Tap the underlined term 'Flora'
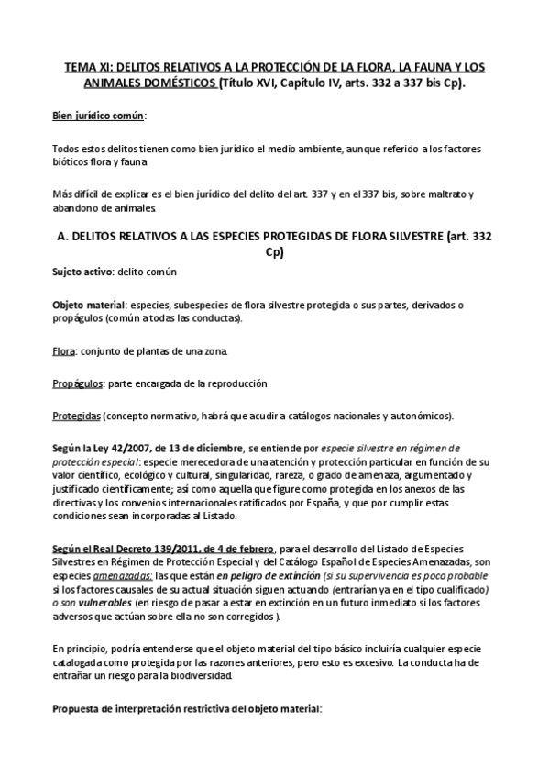(x=63, y=350)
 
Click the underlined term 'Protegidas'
(x=76, y=415)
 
